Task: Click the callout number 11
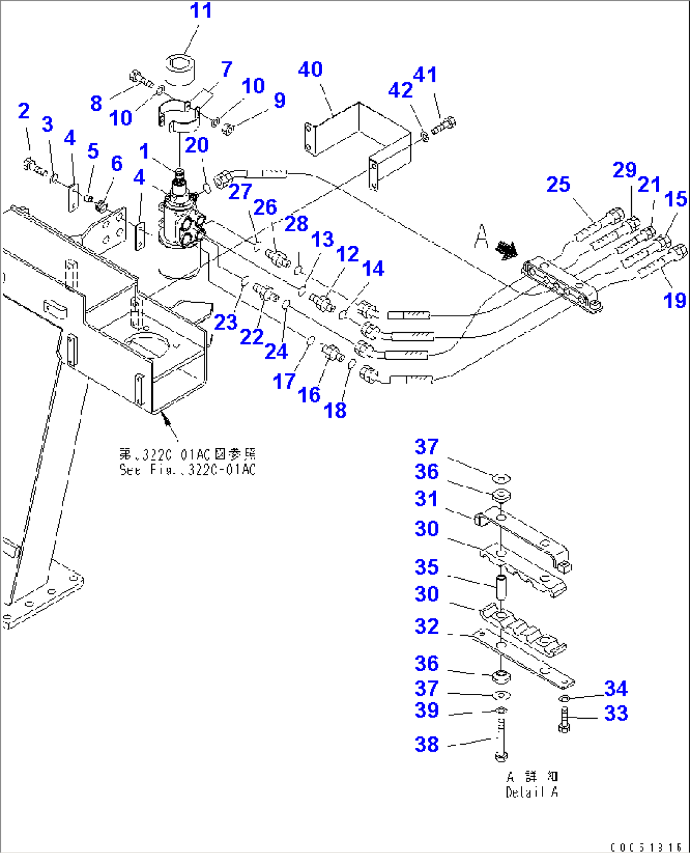(x=201, y=11)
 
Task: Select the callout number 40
(x=310, y=69)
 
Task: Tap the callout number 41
(x=425, y=75)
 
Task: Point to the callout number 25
(x=558, y=184)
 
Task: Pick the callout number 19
(x=675, y=300)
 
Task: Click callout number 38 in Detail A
(x=427, y=744)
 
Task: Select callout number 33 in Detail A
(x=615, y=713)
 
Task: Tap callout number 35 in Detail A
(x=427, y=567)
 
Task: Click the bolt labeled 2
(x=33, y=167)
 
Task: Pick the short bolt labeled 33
(x=564, y=719)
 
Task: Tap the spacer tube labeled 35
(x=501, y=587)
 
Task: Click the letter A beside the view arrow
(x=481, y=238)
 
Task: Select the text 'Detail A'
(x=532, y=792)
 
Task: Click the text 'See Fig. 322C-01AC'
(x=187, y=470)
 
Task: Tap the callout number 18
(x=335, y=410)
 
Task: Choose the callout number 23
(x=225, y=323)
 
